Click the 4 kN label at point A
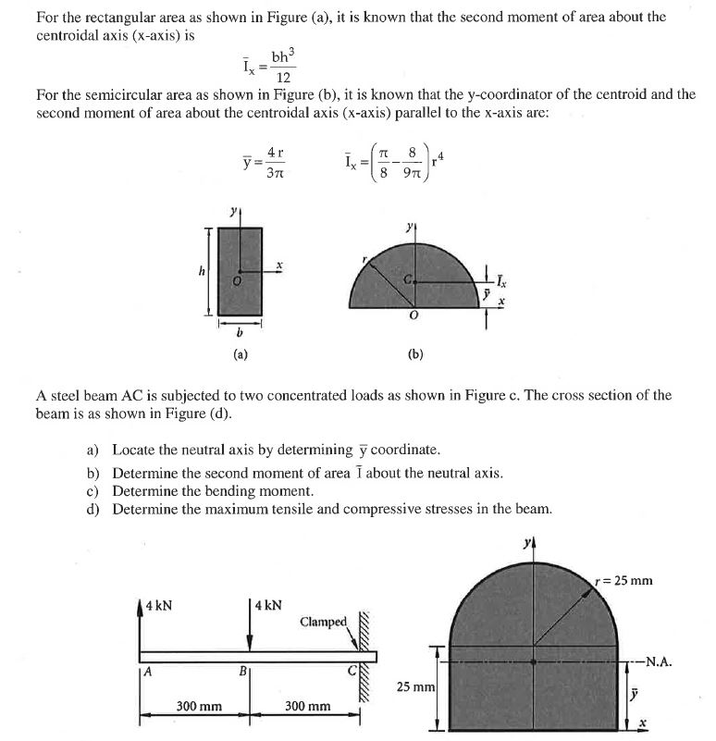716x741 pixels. pyautogui.click(x=158, y=607)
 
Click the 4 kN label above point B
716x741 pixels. pyautogui.click(x=270, y=607)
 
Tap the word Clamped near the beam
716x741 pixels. pyautogui.click(x=324, y=622)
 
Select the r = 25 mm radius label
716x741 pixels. pyautogui.click(x=625, y=581)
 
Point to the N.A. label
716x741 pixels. pyautogui.click(x=656, y=661)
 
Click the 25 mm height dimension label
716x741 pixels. pyautogui.click(x=414, y=688)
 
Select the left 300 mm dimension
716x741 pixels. pyautogui.click(x=199, y=707)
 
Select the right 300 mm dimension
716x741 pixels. pyautogui.click(x=307, y=707)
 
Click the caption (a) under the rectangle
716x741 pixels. pyautogui.click(x=240, y=352)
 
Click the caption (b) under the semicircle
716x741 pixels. pyautogui.click(x=415, y=352)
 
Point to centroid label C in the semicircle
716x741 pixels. pyautogui.click(x=408, y=278)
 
